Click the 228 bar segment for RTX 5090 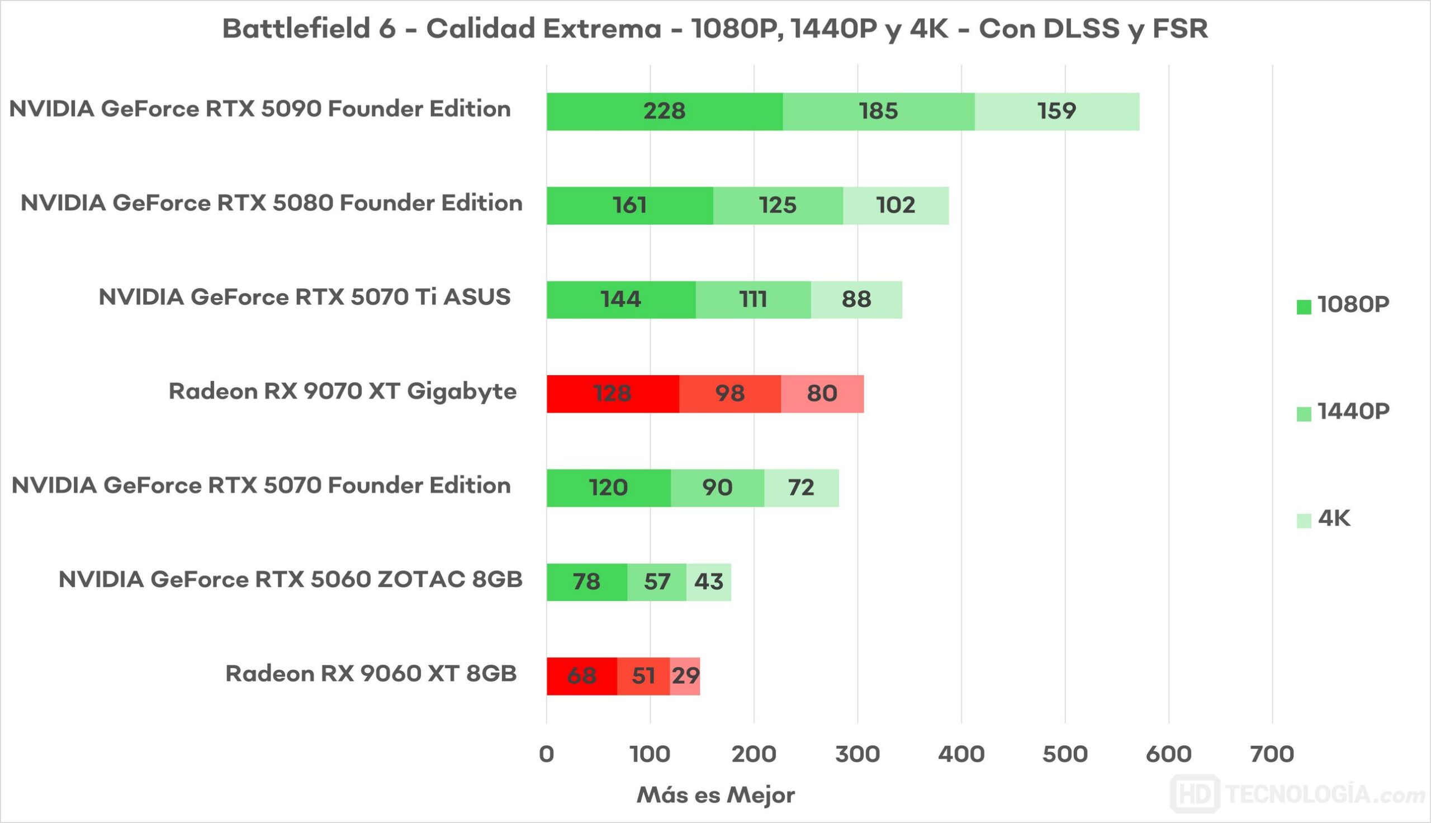[x=665, y=111]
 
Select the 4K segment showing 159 [x=1056, y=111]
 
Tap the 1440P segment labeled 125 [x=778, y=205]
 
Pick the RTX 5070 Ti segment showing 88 [x=856, y=300]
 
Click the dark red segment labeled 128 [x=613, y=394]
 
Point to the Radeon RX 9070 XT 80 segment [x=822, y=394]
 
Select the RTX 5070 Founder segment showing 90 [x=718, y=488]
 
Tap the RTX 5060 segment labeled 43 [x=708, y=581]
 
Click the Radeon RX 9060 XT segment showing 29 [x=685, y=676]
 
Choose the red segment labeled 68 [x=581, y=676]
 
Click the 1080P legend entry [x=1343, y=305]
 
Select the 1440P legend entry [x=1343, y=412]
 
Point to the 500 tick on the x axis [x=1065, y=755]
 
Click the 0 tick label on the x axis [x=546, y=755]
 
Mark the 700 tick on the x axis [x=1272, y=755]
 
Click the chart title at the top [x=715, y=29]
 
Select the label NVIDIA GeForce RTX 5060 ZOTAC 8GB [x=290, y=580]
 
